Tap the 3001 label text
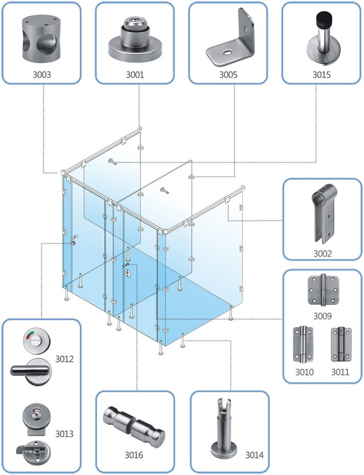point(135,74)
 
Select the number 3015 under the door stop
point(321,74)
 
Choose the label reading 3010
point(305,372)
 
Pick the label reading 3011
point(340,372)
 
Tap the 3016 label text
point(134,455)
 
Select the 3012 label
point(64,359)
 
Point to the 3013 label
point(64,434)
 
